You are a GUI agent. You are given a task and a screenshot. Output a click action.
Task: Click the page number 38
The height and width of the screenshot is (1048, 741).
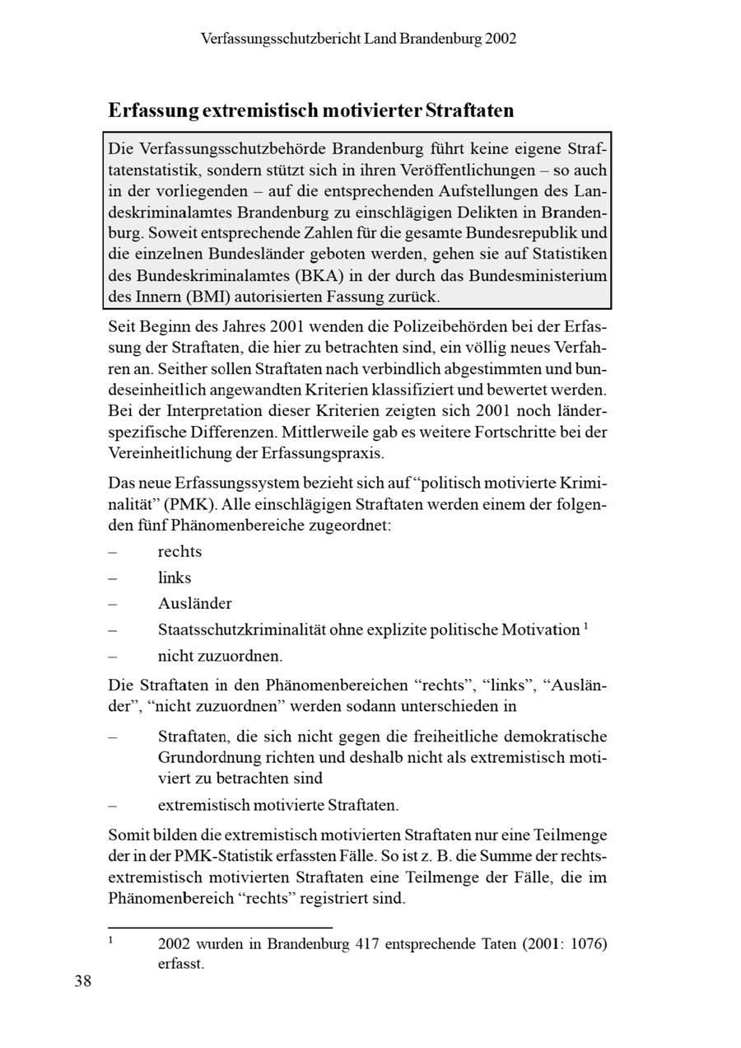[82, 981]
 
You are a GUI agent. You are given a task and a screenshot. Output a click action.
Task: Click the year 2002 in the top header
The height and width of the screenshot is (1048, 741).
[501, 39]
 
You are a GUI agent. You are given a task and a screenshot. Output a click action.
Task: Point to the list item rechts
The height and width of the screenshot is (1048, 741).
[179, 552]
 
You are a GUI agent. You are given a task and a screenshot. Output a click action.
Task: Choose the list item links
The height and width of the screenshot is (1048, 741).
[175, 578]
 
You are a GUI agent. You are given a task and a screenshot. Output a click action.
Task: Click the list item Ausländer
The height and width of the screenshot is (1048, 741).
[194, 604]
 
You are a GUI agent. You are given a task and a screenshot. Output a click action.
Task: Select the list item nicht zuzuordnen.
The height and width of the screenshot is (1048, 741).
[220, 657]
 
